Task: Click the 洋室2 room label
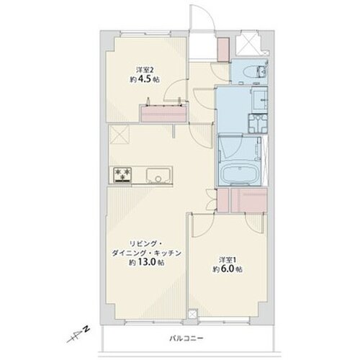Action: pyautogui.click(x=145, y=70)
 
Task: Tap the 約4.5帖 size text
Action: pyautogui.click(x=145, y=79)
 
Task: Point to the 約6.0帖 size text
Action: pyautogui.click(x=228, y=269)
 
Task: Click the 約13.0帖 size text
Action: pyautogui.click(x=147, y=262)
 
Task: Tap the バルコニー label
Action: pyautogui.click(x=186, y=338)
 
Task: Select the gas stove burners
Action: pyautogui.click(x=122, y=174)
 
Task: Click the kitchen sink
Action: pyautogui.click(x=158, y=175)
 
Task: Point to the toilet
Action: pyautogui.click(x=251, y=71)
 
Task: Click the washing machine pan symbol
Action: pyautogui.click(x=258, y=123)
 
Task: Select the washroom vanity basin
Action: pyautogui.click(x=259, y=99)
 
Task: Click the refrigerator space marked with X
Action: pyautogui.click(x=119, y=135)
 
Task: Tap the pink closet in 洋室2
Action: pyautogui.click(x=163, y=114)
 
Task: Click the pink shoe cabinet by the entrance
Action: pyautogui.click(x=223, y=50)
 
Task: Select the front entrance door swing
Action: pyautogui.click(x=202, y=17)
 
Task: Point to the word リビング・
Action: pyautogui.click(x=146, y=244)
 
